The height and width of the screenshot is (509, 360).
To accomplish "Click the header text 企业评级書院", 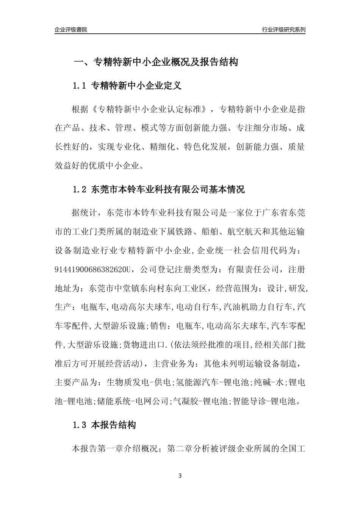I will tap(71, 30).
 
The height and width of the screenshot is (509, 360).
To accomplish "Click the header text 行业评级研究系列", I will tap(283, 30).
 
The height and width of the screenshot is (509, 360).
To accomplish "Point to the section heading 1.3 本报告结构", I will tap(104, 425).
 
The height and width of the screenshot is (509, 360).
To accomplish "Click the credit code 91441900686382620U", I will tap(92, 270).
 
